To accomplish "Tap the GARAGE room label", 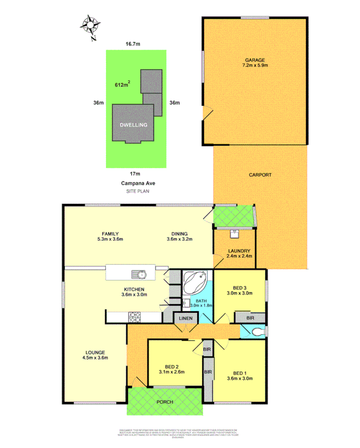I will pos(255,60).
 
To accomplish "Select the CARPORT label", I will pos(260,175).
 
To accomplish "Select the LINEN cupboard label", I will pos(186,318).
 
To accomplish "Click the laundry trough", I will pos(235,232).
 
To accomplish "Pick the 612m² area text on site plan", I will pos(122,85).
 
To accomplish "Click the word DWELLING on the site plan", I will pos(133,125).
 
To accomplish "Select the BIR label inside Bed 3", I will pos(249,318).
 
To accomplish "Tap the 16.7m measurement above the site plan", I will pos(133,44).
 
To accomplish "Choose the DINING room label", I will pos(179,234).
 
